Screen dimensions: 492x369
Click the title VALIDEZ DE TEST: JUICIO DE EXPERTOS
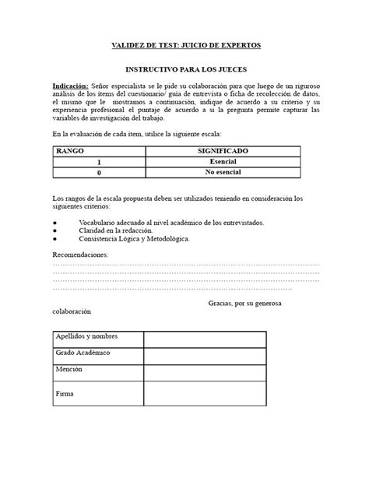(184, 47)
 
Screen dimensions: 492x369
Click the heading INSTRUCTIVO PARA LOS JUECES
(184, 69)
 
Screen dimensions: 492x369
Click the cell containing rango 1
(99, 162)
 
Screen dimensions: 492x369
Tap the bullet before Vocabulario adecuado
(54, 223)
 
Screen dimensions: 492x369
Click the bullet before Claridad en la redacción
(54, 231)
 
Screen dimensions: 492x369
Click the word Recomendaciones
(81, 255)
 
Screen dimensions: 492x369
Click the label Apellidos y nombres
(86, 336)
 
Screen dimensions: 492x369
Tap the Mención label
(69, 371)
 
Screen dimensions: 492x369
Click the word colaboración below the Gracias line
(72, 311)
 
